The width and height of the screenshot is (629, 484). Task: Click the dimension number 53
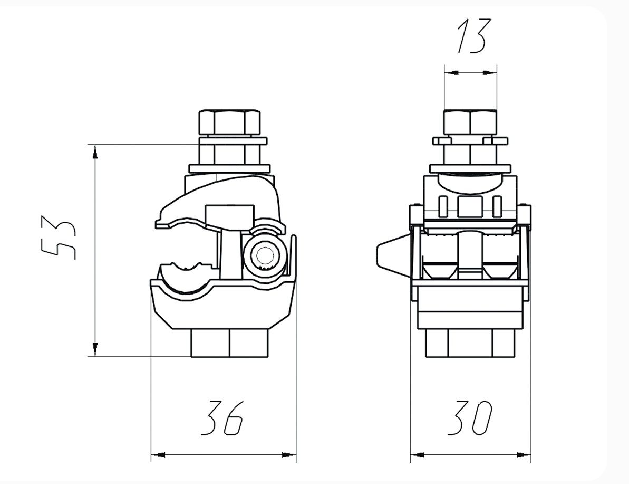coord(59,238)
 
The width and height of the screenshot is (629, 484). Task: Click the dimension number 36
coord(222,417)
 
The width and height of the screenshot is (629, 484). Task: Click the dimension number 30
coord(470,417)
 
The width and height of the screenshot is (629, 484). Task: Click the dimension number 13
coord(474,36)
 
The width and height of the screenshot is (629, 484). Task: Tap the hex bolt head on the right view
coord(470,122)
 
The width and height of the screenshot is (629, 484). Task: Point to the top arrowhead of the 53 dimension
coord(95,153)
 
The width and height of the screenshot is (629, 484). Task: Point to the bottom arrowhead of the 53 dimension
coord(95,348)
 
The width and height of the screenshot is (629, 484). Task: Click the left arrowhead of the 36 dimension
coord(159,455)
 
